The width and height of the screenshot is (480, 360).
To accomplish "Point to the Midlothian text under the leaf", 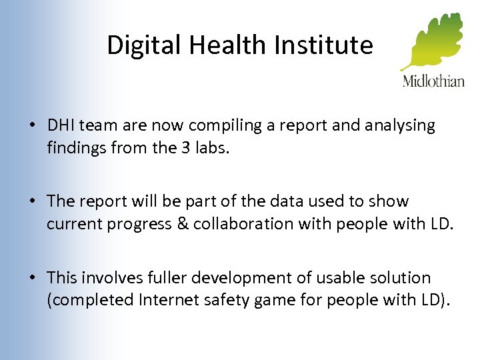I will [x=433, y=81].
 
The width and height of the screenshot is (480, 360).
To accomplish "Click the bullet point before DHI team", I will [x=32, y=126].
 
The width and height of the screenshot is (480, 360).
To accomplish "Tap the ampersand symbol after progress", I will [x=181, y=223].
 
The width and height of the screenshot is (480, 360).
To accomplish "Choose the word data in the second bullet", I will [x=279, y=201].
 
